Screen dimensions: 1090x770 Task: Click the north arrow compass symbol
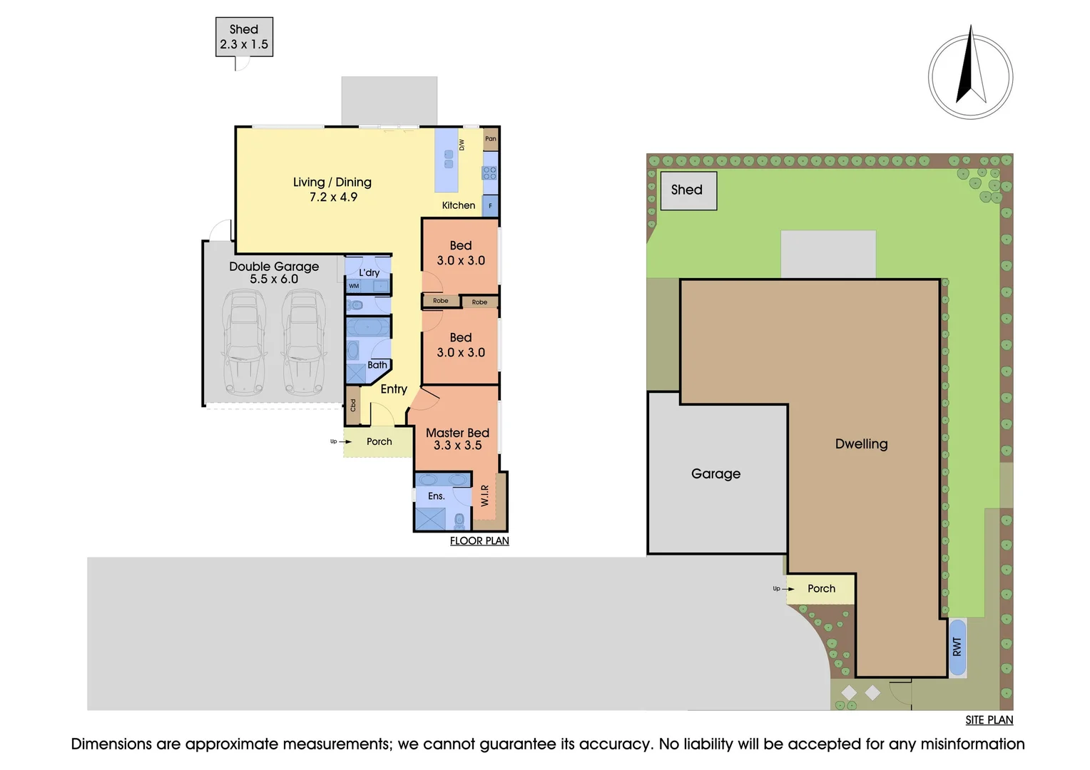[970, 73]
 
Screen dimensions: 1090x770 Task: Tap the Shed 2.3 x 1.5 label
[244, 37]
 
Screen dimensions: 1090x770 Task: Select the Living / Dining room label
[332, 189]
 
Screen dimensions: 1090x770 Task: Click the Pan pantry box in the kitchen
[491, 138]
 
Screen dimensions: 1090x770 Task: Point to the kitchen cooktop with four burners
[489, 173]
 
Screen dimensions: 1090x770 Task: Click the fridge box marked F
[490, 206]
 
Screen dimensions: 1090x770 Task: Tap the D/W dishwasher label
[462, 145]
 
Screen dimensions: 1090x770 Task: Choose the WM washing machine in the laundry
[354, 286]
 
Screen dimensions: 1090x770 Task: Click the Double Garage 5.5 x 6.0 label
[274, 272]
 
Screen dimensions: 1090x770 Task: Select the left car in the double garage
[244, 342]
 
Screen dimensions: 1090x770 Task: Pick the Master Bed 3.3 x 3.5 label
[457, 438]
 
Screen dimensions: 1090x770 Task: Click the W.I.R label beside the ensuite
[484, 496]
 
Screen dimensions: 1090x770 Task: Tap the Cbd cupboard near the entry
[353, 405]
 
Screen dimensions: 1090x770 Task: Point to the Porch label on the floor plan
[379, 441]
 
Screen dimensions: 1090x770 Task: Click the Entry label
[394, 389]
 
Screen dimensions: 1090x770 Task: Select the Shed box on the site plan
[688, 190]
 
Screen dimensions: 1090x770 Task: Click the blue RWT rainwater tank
[957, 647]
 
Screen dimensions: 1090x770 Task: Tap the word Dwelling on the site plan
[861, 444]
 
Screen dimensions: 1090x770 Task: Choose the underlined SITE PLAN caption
[989, 720]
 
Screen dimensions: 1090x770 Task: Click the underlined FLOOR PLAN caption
[479, 541]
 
